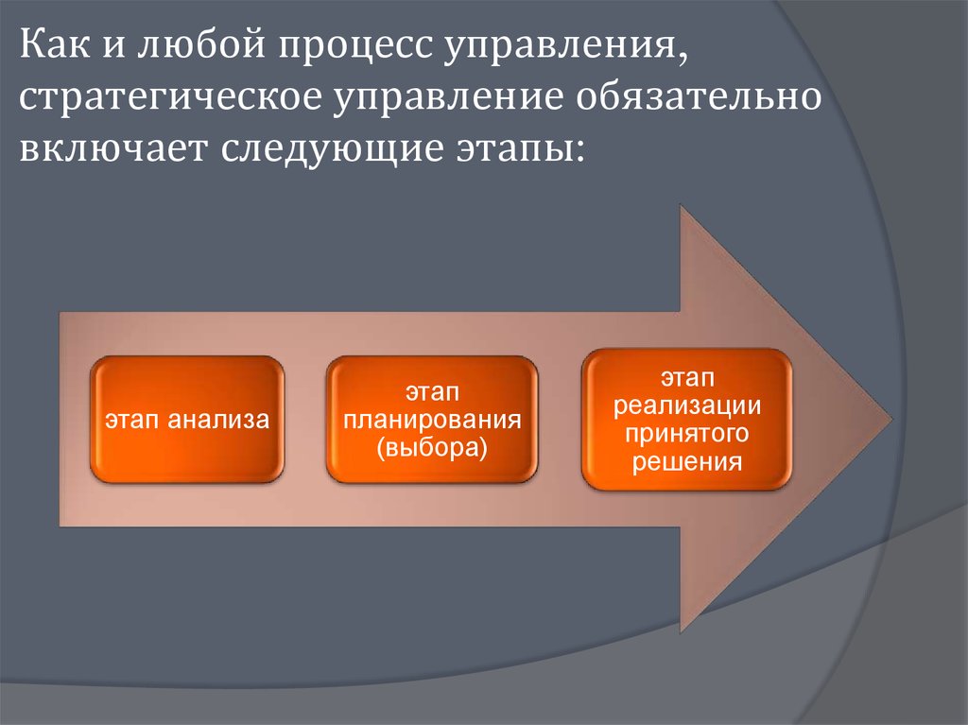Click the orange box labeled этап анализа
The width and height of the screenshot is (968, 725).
(x=186, y=418)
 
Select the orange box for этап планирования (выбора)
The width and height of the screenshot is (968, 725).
(x=432, y=418)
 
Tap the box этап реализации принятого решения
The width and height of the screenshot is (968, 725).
(x=686, y=418)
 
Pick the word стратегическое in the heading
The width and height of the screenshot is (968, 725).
(x=168, y=98)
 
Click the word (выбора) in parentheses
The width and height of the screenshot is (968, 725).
(x=432, y=447)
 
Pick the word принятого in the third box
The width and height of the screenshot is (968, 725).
(x=686, y=434)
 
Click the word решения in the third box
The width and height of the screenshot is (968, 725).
(x=686, y=461)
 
